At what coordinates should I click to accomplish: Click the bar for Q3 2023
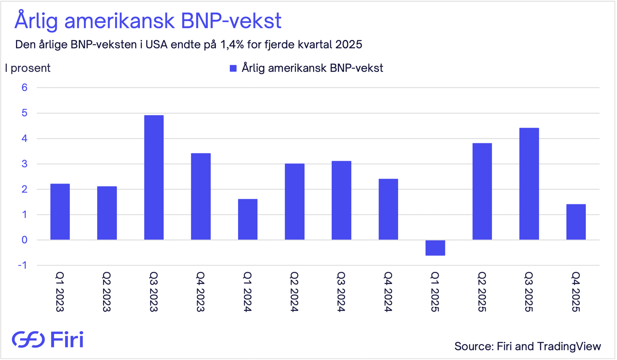(154, 177)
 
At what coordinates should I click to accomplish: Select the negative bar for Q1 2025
(435, 248)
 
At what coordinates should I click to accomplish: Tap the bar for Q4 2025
(576, 222)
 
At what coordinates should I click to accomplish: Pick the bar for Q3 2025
(529, 184)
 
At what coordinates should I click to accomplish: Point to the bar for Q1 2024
(247, 219)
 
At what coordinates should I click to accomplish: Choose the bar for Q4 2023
(201, 196)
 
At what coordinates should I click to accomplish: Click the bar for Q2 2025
(482, 191)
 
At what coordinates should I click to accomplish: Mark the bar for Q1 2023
(60, 212)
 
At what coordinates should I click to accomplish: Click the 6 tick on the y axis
(24, 87)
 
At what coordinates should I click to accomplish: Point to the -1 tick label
(22, 265)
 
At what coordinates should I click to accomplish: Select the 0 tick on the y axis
(24, 240)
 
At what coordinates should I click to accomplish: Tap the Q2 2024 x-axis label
(294, 292)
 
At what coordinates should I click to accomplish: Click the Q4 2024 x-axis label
(388, 292)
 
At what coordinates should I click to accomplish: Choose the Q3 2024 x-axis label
(341, 292)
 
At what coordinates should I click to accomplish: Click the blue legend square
(233, 68)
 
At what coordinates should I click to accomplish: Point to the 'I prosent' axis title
(28, 68)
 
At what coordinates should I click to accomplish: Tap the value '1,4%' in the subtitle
(232, 44)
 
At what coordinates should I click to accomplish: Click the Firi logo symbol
(28, 339)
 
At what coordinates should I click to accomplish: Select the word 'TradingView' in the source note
(569, 346)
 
